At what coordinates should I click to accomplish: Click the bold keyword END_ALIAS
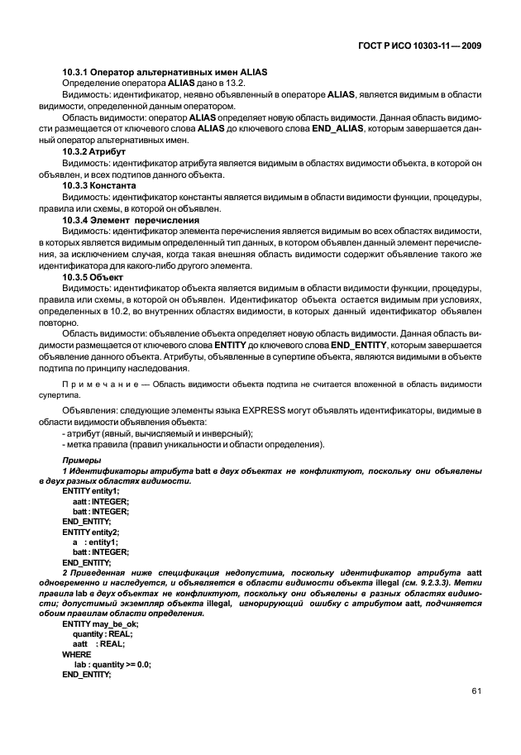point(367,131)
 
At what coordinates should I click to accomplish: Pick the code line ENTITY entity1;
point(91,491)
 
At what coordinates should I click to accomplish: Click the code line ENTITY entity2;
point(91,532)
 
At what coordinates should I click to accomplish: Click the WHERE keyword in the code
point(77,653)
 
